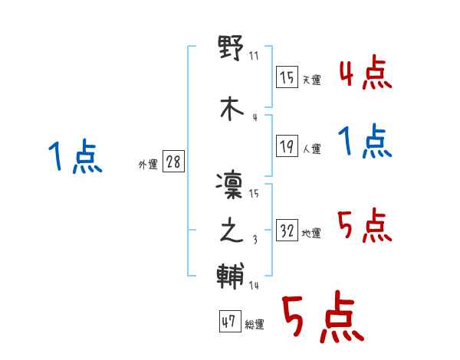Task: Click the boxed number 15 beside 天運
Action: (x=287, y=77)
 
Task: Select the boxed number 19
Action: (x=287, y=147)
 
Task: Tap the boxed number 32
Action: (x=287, y=230)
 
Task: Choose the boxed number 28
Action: (x=173, y=162)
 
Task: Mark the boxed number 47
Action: (x=228, y=322)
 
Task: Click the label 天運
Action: (x=312, y=80)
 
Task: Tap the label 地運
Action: (x=312, y=233)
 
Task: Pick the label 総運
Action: (x=254, y=325)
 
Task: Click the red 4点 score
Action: (x=366, y=75)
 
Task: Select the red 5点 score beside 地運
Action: (x=366, y=226)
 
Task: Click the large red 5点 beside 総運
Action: (x=321, y=318)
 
